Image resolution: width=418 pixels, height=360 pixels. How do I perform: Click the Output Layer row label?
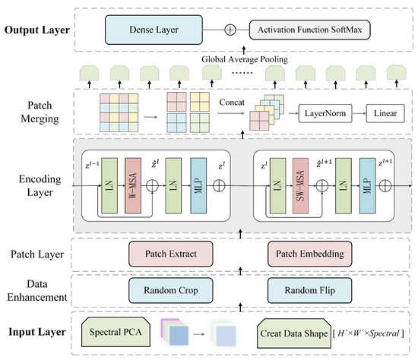coord(38,31)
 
